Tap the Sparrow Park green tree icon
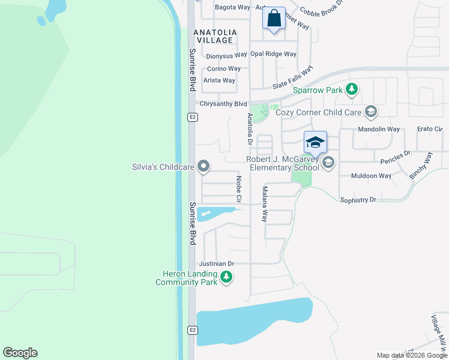[x=352, y=91]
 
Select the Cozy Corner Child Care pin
[x=371, y=112]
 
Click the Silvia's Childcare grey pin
[x=204, y=166]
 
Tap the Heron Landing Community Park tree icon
[x=226, y=277]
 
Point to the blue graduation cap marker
[x=315, y=142]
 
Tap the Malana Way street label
[x=264, y=204]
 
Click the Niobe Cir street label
[x=238, y=188]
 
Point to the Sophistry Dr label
[x=358, y=199]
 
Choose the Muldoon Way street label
[x=372, y=176]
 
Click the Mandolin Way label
[x=379, y=129]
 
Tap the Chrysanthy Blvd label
[x=223, y=103]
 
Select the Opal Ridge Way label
[x=274, y=54]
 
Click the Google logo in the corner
[x=20, y=353]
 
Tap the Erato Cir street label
[x=429, y=129]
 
